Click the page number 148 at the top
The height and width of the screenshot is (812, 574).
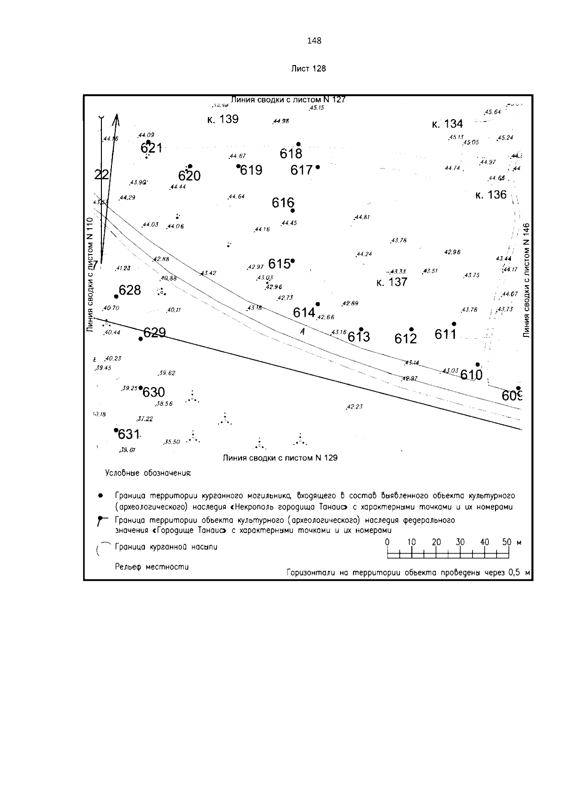pos(314,41)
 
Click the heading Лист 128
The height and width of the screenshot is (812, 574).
pos(309,68)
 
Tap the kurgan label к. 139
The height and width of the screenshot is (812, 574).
pos(222,119)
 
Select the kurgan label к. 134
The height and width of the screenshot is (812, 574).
pos(447,124)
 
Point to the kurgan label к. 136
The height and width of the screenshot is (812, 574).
pos(491,195)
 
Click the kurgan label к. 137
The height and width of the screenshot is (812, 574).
pos(392,282)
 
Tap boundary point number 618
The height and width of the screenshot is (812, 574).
pos(291,154)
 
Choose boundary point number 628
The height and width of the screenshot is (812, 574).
pos(130,290)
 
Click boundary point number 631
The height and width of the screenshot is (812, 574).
pos(128,434)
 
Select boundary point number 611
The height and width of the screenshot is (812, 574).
pos(445,334)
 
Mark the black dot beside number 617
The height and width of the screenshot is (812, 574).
pos(318,167)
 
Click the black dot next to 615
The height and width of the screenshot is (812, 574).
pos(293,261)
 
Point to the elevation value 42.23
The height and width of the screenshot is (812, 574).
pos(354,407)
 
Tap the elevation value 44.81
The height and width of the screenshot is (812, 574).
pos(362,217)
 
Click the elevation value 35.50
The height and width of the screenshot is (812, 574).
pos(172,442)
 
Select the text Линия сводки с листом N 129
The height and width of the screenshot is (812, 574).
pos(280,458)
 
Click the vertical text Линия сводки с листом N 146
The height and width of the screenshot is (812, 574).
pos(527,280)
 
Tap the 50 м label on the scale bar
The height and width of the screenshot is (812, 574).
pos(511,542)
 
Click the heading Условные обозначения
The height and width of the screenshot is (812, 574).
pos(148,473)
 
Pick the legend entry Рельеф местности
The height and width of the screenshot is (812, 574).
pos(152,567)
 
